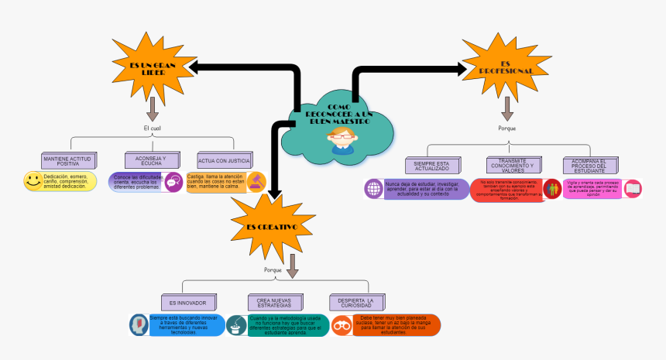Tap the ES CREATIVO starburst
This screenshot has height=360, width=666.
tap(271, 225)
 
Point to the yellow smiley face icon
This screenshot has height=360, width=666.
tap(33, 181)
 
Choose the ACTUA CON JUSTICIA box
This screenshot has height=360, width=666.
tap(225, 161)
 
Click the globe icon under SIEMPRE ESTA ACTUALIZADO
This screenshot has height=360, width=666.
tap(375, 189)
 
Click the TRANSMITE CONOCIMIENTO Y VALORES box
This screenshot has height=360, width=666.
tap(510, 166)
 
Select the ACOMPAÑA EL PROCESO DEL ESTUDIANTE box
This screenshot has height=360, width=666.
tap(590, 166)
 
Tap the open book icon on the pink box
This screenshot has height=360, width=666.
tap(632, 188)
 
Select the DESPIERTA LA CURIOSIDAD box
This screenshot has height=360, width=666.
tap(357, 302)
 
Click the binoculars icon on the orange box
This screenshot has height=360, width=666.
tap(342, 325)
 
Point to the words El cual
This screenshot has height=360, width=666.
tap(153, 128)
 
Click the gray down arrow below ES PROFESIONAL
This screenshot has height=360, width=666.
tap(507, 108)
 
